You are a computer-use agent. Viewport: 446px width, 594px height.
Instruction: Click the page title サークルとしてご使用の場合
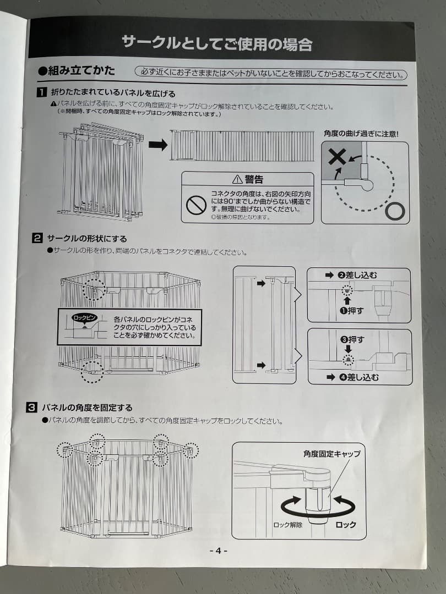click(217, 43)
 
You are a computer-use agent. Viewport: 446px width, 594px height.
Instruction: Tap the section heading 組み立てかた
click(77, 71)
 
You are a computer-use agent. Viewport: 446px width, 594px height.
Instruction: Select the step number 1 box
click(41, 94)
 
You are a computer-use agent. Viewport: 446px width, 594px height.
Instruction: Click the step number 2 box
click(37, 238)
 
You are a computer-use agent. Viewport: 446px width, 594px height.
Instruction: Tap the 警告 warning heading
click(248, 179)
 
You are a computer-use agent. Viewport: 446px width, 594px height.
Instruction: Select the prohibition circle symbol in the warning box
click(196, 205)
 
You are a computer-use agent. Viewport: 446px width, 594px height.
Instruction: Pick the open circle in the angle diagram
click(395, 210)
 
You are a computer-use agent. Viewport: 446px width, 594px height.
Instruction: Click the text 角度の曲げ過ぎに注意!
click(361, 133)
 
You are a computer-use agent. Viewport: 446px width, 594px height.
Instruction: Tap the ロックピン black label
click(84, 318)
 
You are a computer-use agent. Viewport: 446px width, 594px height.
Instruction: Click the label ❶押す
click(352, 310)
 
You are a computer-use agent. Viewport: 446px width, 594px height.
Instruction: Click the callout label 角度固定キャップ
click(331, 454)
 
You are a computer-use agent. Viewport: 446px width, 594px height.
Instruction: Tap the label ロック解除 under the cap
click(288, 525)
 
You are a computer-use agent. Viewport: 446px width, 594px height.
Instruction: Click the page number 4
click(219, 551)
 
